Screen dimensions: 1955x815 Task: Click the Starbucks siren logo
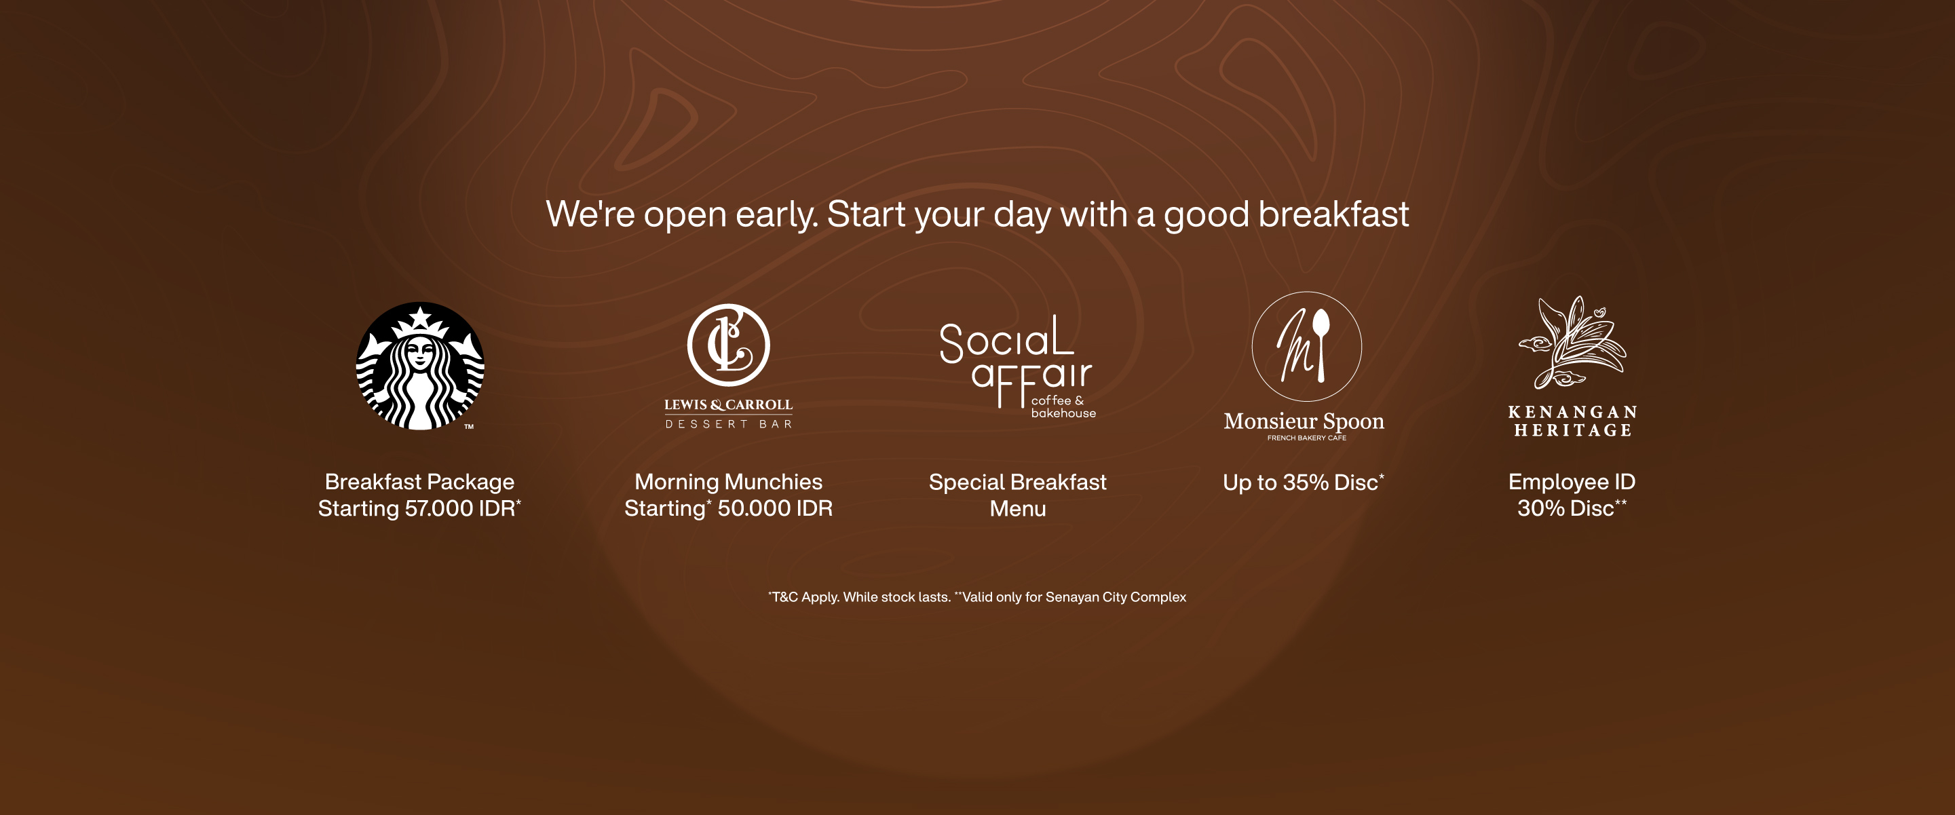pos(419,366)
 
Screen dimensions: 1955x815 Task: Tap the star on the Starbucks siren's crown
pos(419,316)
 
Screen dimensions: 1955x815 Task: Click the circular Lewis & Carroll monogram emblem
pos(729,345)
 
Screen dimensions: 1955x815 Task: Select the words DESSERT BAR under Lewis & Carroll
pos(729,424)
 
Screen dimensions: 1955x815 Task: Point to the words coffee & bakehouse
pos(1063,406)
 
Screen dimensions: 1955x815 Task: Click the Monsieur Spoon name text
pos(1304,421)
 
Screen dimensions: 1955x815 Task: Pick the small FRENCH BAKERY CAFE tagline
pos(1306,438)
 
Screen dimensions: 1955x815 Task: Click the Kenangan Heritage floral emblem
pos(1572,342)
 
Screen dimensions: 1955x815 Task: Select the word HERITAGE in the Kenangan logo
pos(1572,430)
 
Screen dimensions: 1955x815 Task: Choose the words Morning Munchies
pos(729,482)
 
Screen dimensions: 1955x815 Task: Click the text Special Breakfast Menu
pos(1018,495)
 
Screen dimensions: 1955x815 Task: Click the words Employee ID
pos(1572,482)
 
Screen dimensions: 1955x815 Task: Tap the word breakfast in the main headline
pos(1333,214)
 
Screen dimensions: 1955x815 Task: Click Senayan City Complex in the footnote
pos(1116,597)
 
